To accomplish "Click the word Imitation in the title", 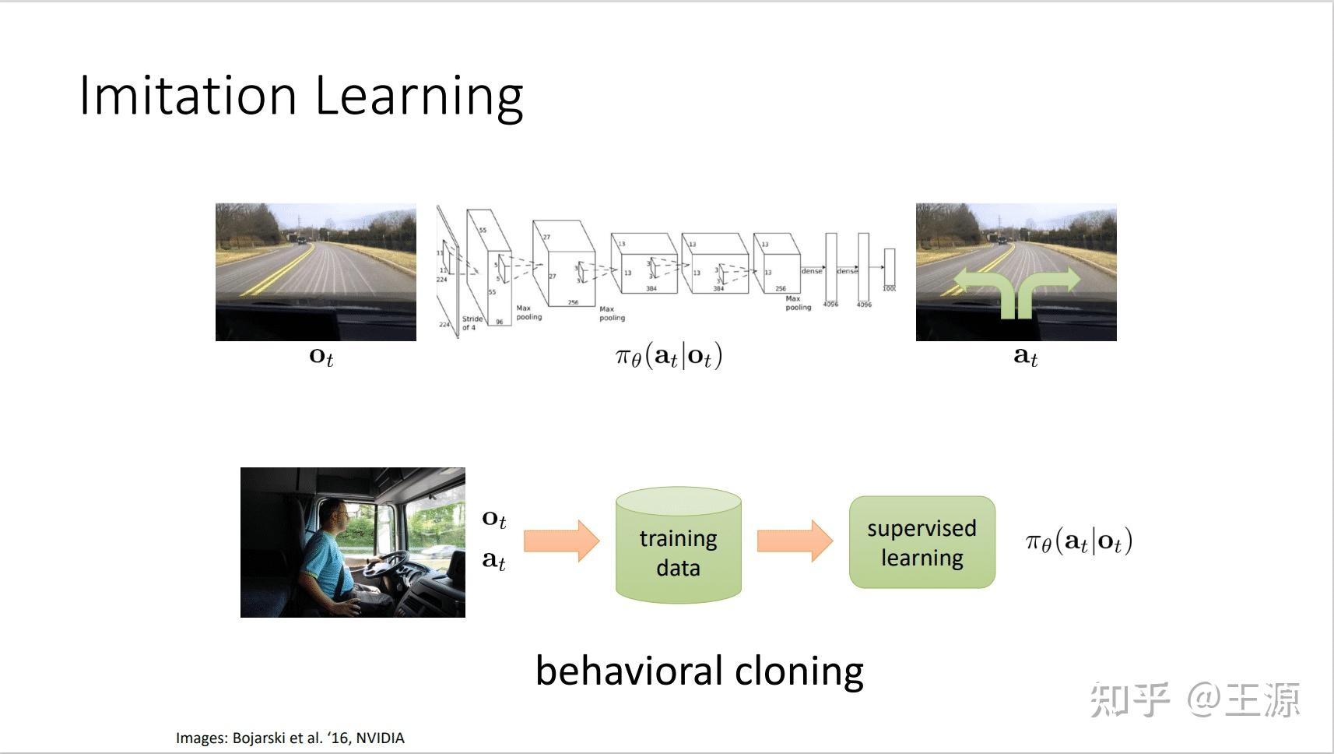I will (188, 97).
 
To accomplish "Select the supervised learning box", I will (922, 542).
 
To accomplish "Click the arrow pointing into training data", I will (561, 541).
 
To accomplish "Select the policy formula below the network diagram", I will (669, 357).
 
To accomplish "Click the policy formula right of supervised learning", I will (1079, 541).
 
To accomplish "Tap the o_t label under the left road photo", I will (321, 357).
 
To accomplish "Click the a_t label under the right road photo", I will (1025, 357).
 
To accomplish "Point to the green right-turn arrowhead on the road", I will (1071, 279).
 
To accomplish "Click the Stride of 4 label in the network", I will (472, 323).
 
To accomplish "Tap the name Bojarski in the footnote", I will (259, 738).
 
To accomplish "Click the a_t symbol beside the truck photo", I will (493, 560).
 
